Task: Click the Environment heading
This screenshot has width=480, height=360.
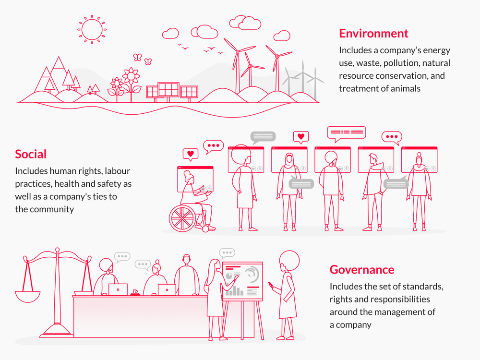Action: (x=373, y=33)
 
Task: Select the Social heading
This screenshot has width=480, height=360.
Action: (x=31, y=154)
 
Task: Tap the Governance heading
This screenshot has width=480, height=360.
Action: (x=362, y=269)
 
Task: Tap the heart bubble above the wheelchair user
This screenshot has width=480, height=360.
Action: (x=191, y=154)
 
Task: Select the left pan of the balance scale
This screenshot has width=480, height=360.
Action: (x=27, y=293)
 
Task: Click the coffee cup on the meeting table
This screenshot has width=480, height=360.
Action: (x=135, y=291)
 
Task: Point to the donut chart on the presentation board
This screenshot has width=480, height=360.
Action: (x=251, y=275)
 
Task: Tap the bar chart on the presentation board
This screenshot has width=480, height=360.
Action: (x=235, y=291)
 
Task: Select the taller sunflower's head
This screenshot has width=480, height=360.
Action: (x=130, y=76)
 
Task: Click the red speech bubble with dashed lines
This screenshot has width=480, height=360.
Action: (x=346, y=132)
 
